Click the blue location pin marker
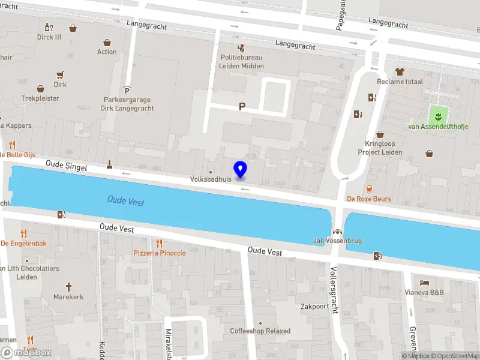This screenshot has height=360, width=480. click(241, 170)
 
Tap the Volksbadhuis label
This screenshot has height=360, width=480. click(211, 179)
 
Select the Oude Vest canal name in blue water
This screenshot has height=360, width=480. click(125, 200)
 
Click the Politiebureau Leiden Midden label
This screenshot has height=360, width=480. click(240, 62)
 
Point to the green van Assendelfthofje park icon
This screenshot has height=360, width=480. click(438, 114)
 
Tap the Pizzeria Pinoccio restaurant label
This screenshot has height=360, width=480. click(160, 253)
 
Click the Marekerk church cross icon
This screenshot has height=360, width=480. click(68, 286)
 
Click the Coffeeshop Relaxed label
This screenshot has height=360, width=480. click(260, 331)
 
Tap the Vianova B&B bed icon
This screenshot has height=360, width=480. click(425, 282)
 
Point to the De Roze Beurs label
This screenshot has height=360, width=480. click(369, 199)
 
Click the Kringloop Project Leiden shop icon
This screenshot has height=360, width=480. click(379, 135)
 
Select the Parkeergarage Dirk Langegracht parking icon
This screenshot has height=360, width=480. click(127, 89)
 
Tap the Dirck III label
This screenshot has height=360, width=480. click(49, 37)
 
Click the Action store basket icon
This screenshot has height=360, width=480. click(107, 43)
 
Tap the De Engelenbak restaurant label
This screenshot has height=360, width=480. click(23, 243)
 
